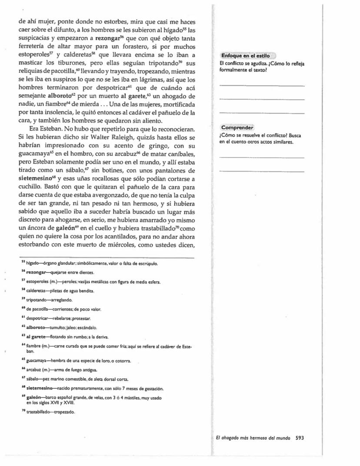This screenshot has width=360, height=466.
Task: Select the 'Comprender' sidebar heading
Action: click(x=237, y=127)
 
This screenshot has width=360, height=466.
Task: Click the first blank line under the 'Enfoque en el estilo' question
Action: click(x=262, y=85)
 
